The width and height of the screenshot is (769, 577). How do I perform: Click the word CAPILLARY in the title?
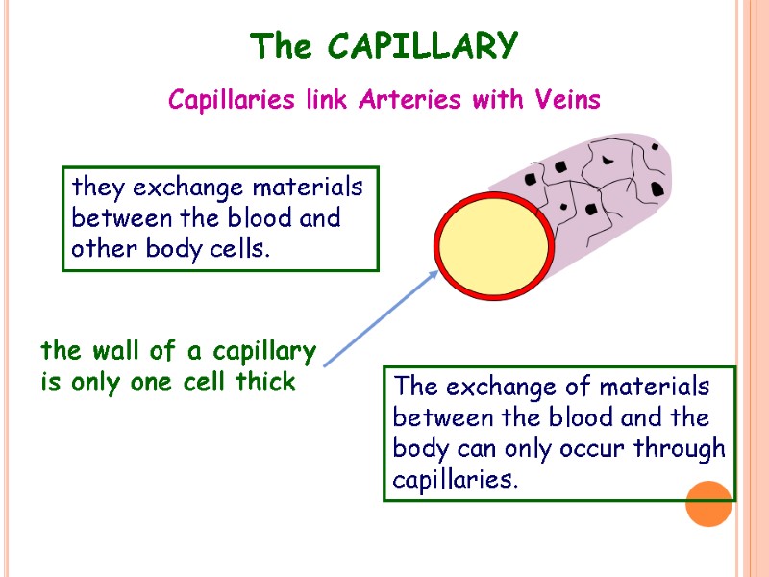(x=422, y=45)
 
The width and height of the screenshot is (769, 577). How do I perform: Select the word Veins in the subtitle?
(x=567, y=100)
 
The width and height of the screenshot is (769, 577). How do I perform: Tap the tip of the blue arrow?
(x=437, y=272)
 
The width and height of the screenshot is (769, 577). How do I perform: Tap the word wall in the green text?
(x=111, y=351)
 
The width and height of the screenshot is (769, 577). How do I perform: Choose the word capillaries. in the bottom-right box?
(x=455, y=480)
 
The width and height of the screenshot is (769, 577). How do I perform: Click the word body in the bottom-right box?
(x=417, y=449)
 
